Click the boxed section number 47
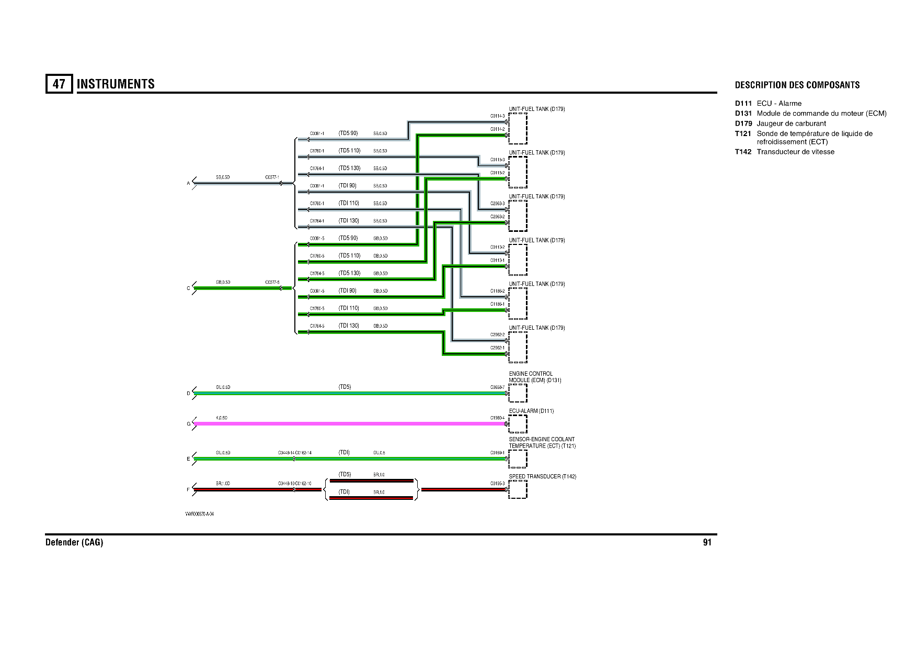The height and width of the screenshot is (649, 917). pyautogui.click(x=59, y=84)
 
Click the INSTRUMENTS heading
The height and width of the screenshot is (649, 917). pyautogui.click(x=116, y=84)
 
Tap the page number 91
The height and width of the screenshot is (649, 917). pyautogui.click(x=707, y=542)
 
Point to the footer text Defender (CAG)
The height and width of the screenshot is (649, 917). pyautogui.click(x=74, y=542)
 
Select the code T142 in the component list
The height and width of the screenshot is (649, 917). pyautogui.click(x=743, y=152)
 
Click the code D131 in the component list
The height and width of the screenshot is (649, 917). pyautogui.click(x=743, y=114)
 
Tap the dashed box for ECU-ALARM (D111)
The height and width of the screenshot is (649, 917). pyautogui.click(x=518, y=424)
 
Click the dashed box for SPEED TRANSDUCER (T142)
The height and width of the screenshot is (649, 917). pyautogui.click(x=518, y=489)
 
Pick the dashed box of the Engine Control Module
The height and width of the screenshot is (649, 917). pyautogui.click(x=518, y=393)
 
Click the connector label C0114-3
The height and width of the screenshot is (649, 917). pyautogui.click(x=497, y=116)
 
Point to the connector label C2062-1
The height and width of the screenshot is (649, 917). pyautogui.click(x=497, y=348)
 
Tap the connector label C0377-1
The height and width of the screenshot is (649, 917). pyautogui.click(x=272, y=177)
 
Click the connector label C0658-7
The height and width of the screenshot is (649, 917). pyautogui.click(x=497, y=387)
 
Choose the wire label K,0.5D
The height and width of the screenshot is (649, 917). pyautogui.click(x=222, y=418)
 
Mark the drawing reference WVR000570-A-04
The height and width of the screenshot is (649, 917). pyautogui.click(x=199, y=514)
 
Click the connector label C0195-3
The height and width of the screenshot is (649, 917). pyautogui.click(x=497, y=484)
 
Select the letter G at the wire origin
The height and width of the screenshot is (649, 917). pyautogui.click(x=189, y=424)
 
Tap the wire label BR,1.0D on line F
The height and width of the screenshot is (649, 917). pyautogui.click(x=223, y=484)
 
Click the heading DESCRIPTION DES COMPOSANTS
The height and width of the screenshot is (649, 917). pyautogui.click(x=797, y=85)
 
